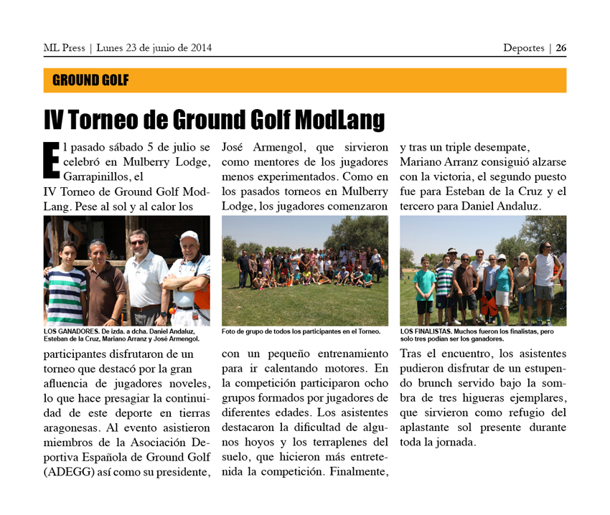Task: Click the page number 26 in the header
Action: point(560,48)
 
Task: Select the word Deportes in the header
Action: point(523,48)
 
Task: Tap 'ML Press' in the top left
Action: point(64,48)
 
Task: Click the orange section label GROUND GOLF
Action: point(90,80)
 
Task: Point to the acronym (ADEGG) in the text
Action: point(69,472)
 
